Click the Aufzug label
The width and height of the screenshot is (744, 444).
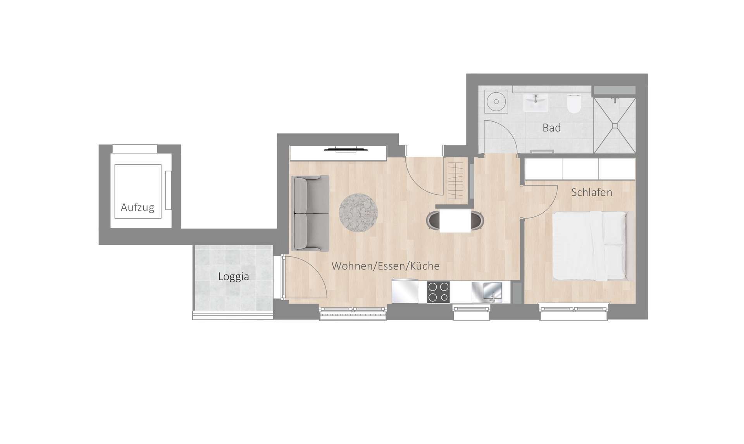pyautogui.click(x=137, y=207)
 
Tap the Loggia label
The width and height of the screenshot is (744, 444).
pyautogui.click(x=233, y=276)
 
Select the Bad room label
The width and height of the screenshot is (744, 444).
pyautogui.click(x=551, y=128)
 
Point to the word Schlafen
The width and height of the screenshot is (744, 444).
pyautogui.click(x=592, y=192)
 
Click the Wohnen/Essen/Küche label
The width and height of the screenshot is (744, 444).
pyautogui.click(x=386, y=266)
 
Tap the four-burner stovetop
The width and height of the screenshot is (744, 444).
pyautogui.click(x=438, y=292)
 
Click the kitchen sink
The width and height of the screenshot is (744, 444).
pyautogui.click(x=487, y=291)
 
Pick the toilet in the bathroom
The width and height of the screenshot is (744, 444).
pyautogui.click(x=572, y=104)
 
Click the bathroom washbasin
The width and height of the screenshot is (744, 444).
pyautogui.click(x=536, y=102)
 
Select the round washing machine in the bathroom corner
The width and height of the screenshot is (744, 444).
pyautogui.click(x=496, y=102)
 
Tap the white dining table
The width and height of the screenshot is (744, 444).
pyautogui.click(x=455, y=221)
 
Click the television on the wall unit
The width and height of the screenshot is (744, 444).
pyautogui.click(x=341, y=149)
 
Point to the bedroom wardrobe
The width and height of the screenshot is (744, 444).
pyautogui.click(x=580, y=168)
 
